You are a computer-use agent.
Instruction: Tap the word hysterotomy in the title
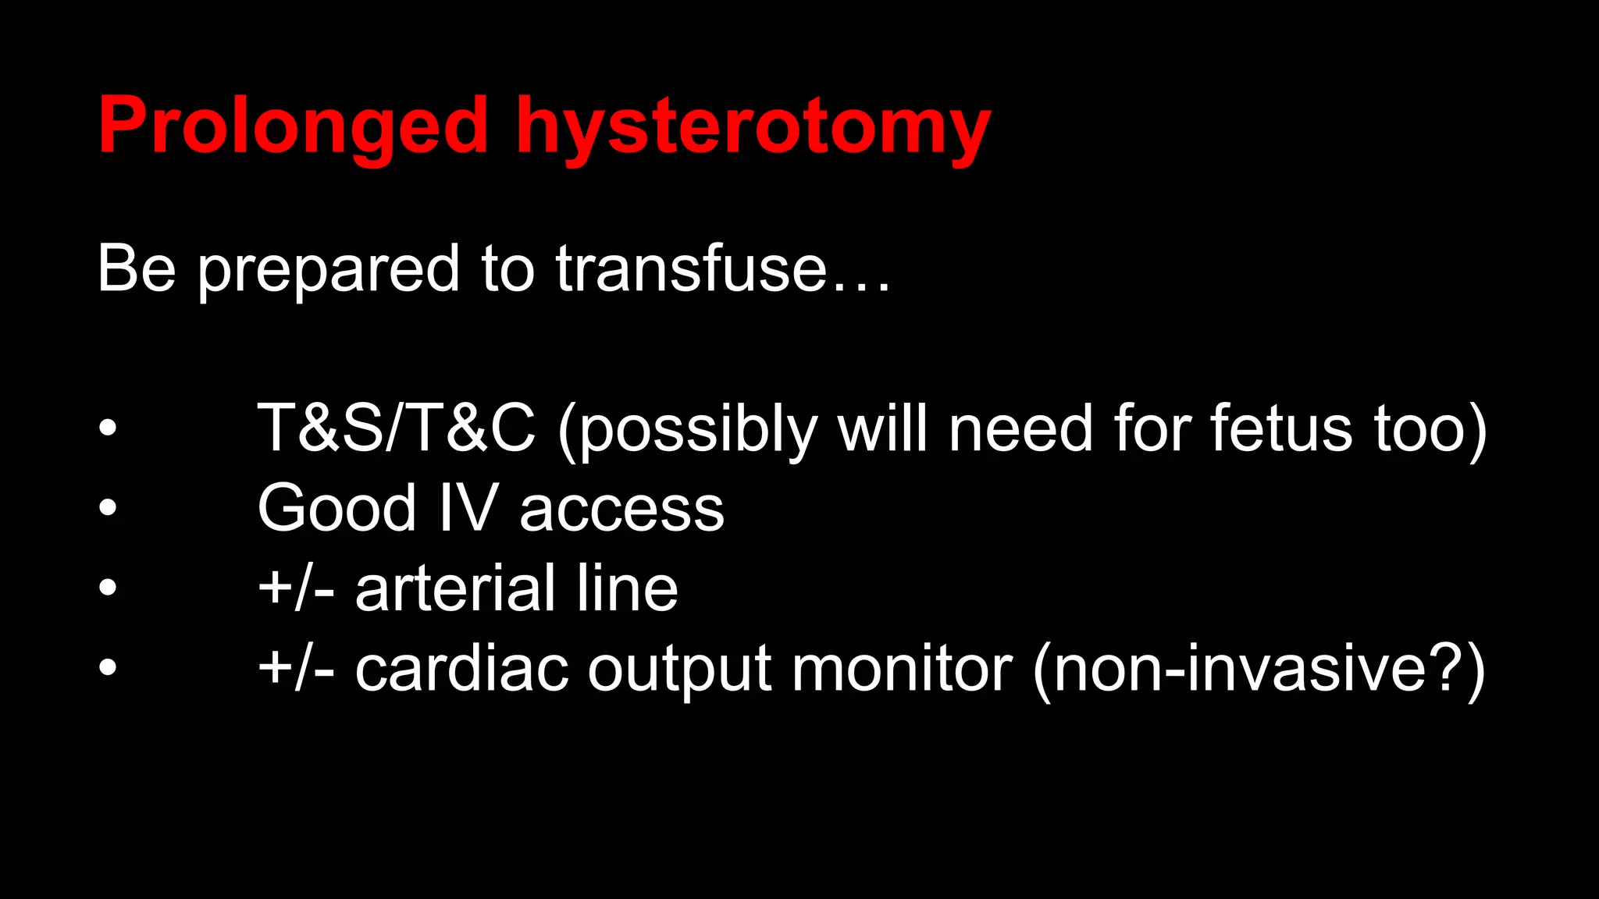[753, 126]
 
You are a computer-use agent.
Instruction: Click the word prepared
[328, 269]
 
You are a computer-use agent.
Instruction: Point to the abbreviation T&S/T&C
[397, 428]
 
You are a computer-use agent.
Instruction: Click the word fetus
[1280, 428]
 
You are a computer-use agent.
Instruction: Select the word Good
[337, 509]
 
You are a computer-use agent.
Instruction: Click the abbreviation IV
[468, 509]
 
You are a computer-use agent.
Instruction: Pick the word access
[621, 510]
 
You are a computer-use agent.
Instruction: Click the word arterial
[456, 588]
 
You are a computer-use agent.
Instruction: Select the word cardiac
[461, 669]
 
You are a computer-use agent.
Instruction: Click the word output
[679, 670]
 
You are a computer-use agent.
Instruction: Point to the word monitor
[902, 669]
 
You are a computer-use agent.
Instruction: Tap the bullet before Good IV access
[108, 508]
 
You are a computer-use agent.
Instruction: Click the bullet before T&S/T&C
[108, 428]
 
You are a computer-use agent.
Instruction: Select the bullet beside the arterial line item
[108, 588]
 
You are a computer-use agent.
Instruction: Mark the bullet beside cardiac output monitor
[108, 668]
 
